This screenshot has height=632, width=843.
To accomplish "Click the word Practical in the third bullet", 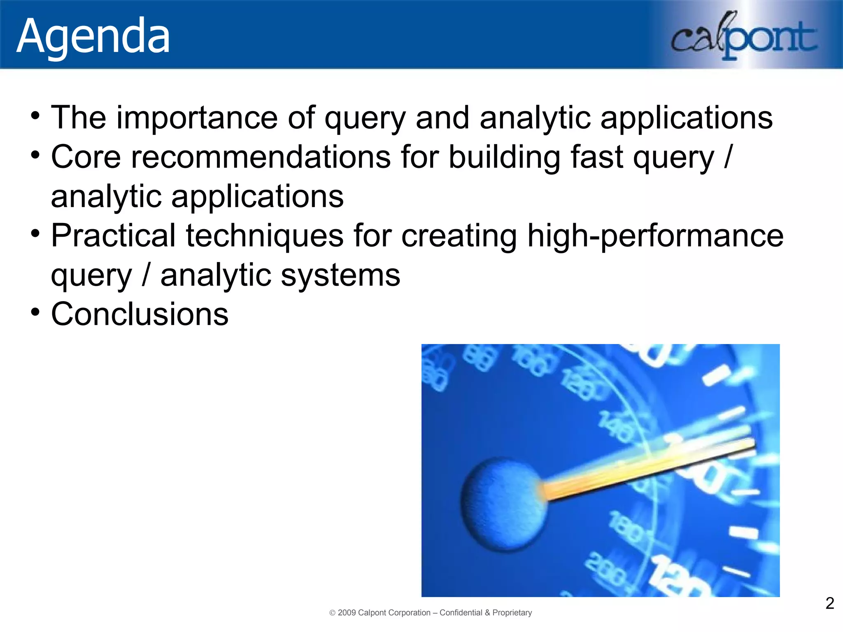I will pyautogui.click(x=114, y=235).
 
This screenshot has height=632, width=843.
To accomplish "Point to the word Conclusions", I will pyautogui.click(x=140, y=314).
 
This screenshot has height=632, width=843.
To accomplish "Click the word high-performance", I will pyautogui.click(x=655, y=235).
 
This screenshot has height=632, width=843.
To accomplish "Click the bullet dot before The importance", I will pyautogui.click(x=35, y=116).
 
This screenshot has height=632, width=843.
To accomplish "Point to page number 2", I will pyautogui.click(x=829, y=603).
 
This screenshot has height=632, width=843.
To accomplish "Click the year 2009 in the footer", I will pyautogui.click(x=347, y=613).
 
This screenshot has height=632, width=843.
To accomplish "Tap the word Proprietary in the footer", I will pyautogui.click(x=512, y=613).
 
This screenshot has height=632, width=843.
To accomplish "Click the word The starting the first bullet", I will pyautogui.click(x=78, y=118).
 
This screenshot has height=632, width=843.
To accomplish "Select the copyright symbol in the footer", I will pyautogui.click(x=333, y=613).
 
